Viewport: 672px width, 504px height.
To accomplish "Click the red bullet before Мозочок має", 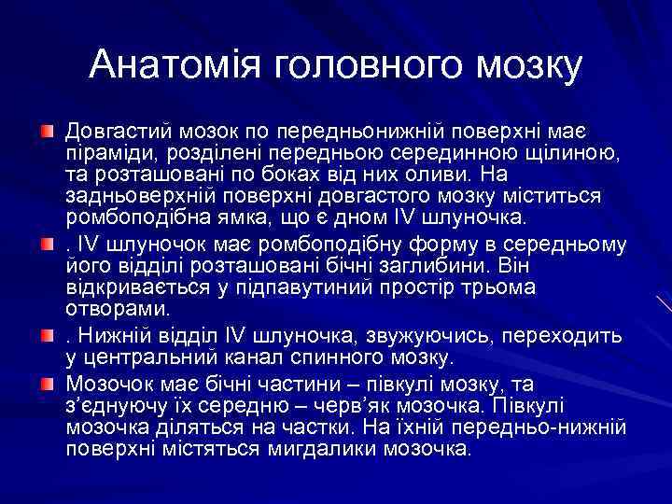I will [x=47, y=382].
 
